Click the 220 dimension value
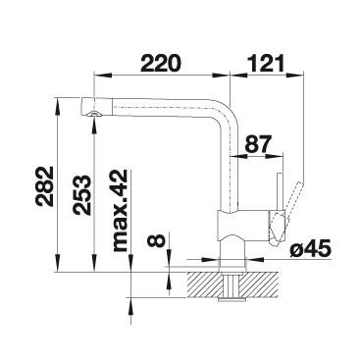click(x=161, y=63)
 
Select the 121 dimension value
click(x=266, y=63)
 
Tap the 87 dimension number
click(x=258, y=144)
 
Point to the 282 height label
click(x=45, y=186)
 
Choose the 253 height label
click(x=81, y=195)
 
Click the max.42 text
click(x=120, y=211)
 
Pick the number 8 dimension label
click(x=156, y=241)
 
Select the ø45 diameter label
click(x=311, y=250)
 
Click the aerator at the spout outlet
click(x=94, y=114)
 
